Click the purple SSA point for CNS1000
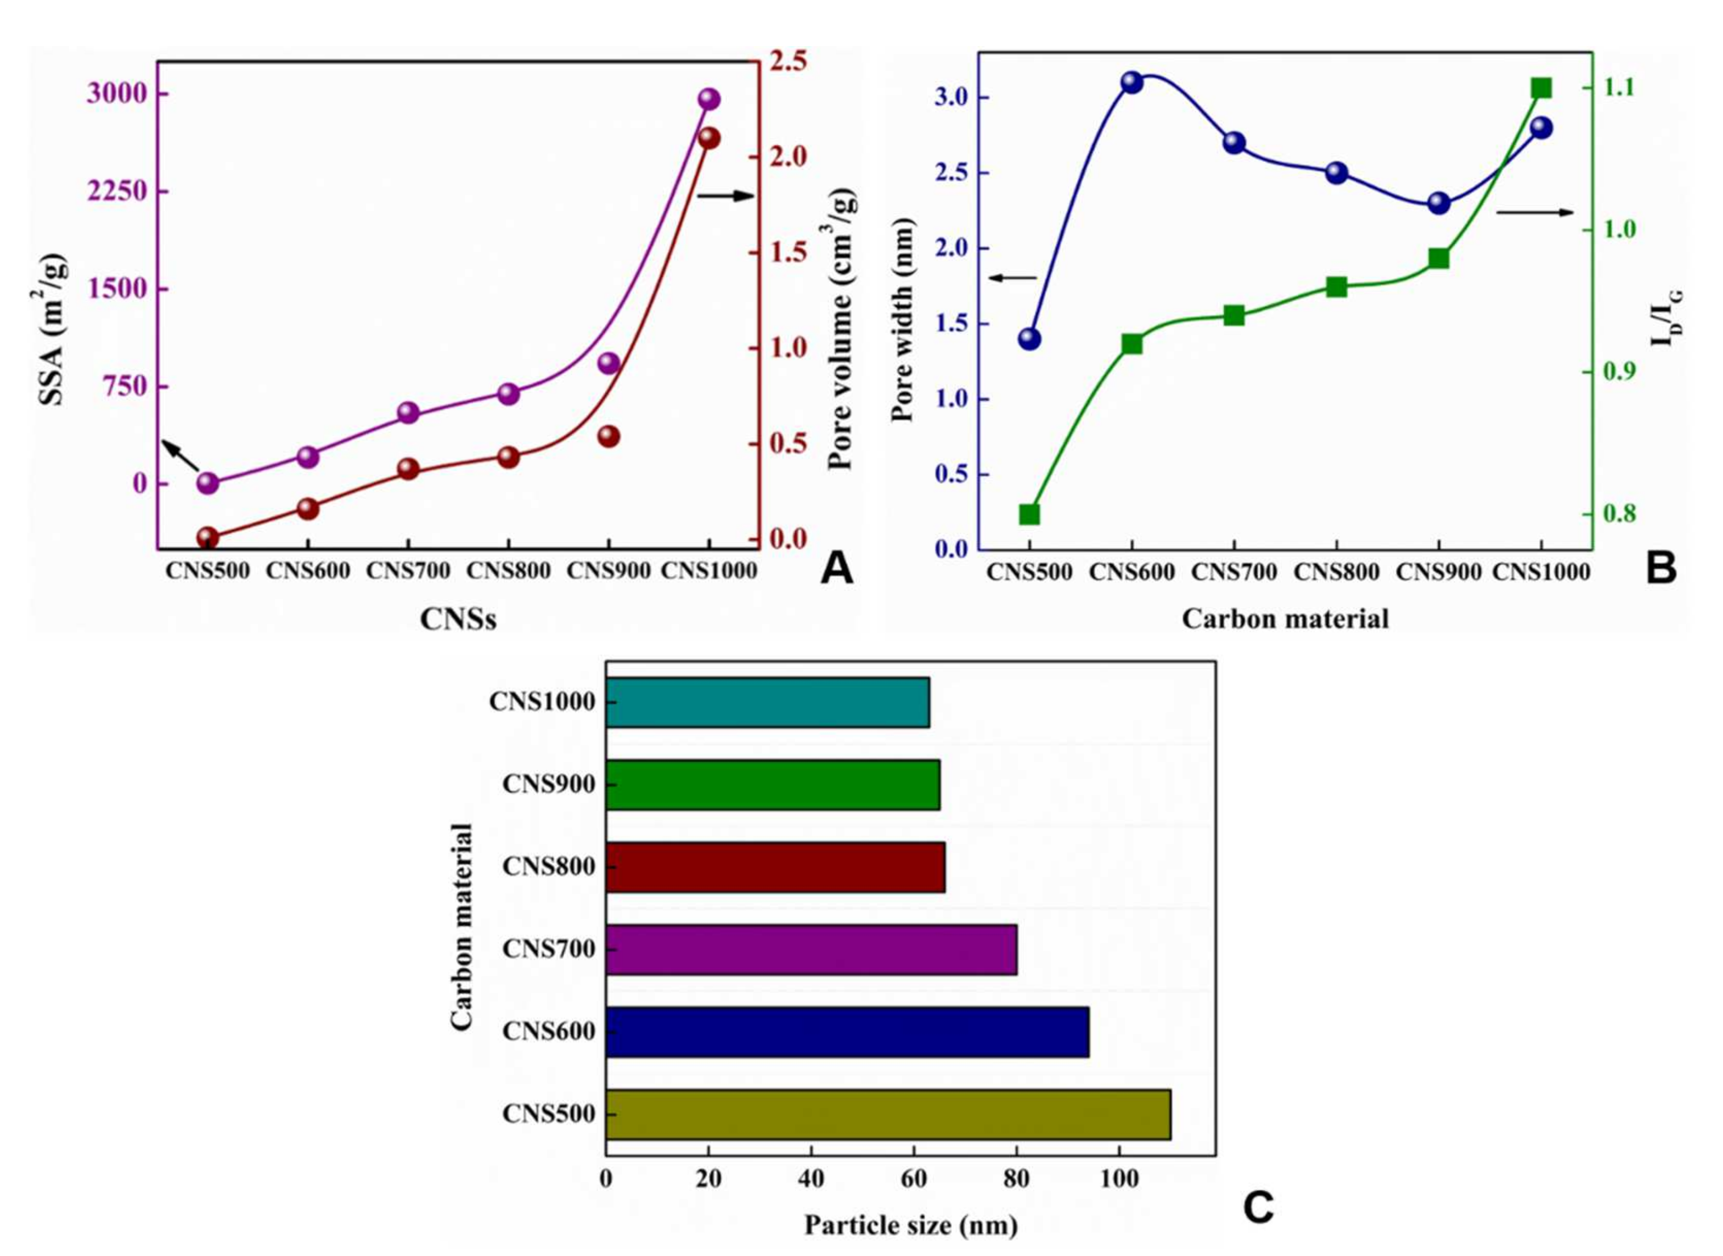[708, 99]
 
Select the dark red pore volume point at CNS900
[609, 436]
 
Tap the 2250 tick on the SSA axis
[116, 192]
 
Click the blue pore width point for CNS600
[1132, 83]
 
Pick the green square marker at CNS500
[1029, 515]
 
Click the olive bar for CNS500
[887, 1114]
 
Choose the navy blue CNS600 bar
[847, 1032]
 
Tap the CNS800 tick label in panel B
[1337, 572]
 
